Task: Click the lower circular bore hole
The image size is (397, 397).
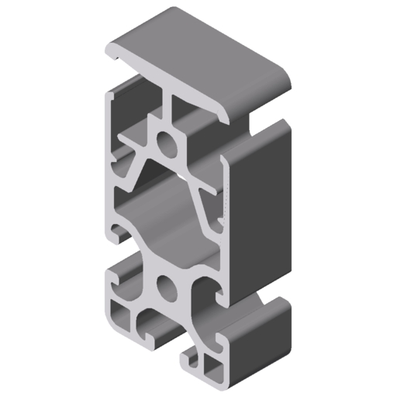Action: point(166,288)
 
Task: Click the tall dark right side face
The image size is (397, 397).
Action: point(264,209)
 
